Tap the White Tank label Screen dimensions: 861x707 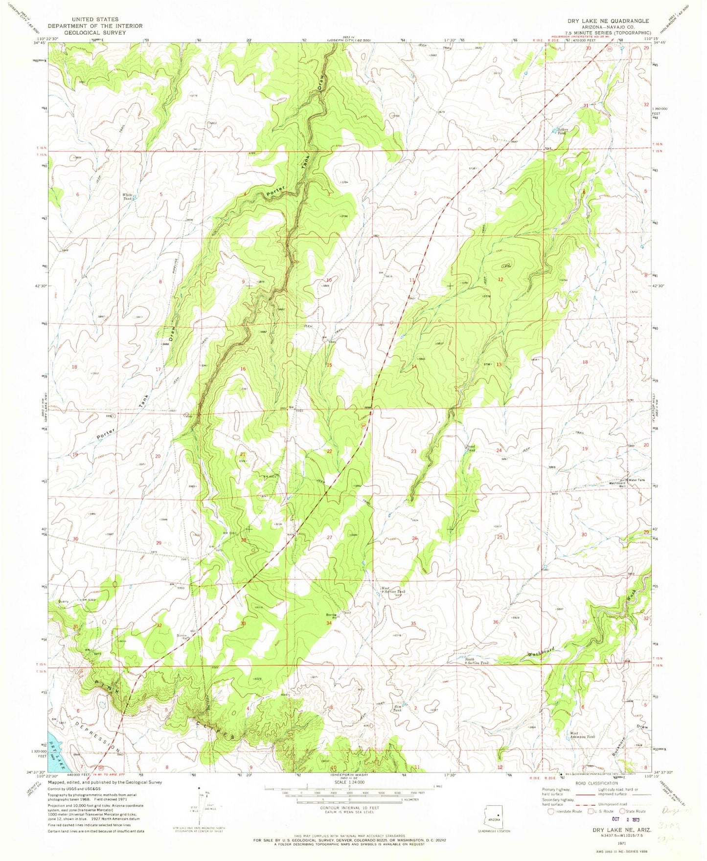tap(128, 197)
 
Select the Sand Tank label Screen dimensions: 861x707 tap(470, 447)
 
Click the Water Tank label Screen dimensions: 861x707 tap(637, 480)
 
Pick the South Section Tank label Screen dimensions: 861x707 tap(477, 661)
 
